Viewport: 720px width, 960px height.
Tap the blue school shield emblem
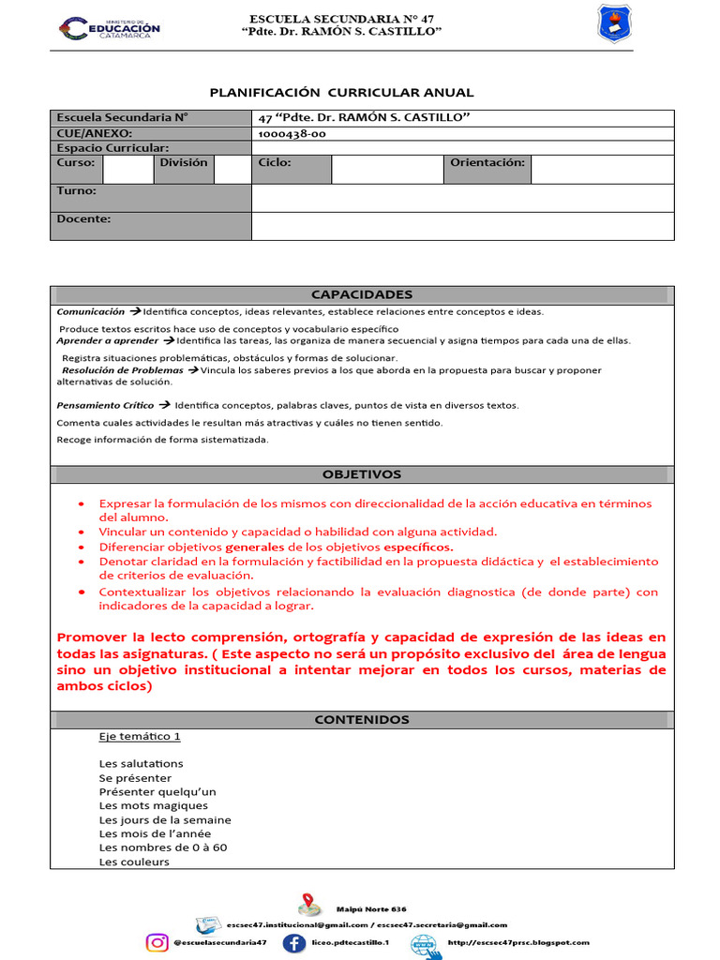(x=614, y=23)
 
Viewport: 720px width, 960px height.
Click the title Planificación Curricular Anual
(x=341, y=92)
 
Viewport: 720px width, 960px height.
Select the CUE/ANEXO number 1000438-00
(x=292, y=133)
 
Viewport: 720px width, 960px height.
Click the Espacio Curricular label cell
(x=112, y=147)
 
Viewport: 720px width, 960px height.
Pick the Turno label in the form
(x=77, y=190)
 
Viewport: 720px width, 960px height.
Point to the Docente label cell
(x=83, y=219)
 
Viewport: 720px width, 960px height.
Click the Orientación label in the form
(x=487, y=162)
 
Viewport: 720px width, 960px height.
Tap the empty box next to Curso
(x=127, y=169)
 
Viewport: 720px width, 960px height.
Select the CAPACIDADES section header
(x=361, y=293)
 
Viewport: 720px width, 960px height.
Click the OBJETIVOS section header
(x=361, y=474)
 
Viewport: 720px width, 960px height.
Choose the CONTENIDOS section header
(x=361, y=719)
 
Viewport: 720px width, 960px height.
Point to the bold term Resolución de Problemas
(x=122, y=369)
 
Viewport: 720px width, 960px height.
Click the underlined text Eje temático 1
(x=139, y=736)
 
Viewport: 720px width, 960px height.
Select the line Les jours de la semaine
(x=165, y=819)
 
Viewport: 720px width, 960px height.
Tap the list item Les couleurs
(x=134, y=862)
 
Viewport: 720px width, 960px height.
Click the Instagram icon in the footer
(x=157, y=942)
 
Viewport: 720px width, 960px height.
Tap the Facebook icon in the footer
(x=293, y=942)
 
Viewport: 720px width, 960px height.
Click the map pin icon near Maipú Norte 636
(x=309, y=906)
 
